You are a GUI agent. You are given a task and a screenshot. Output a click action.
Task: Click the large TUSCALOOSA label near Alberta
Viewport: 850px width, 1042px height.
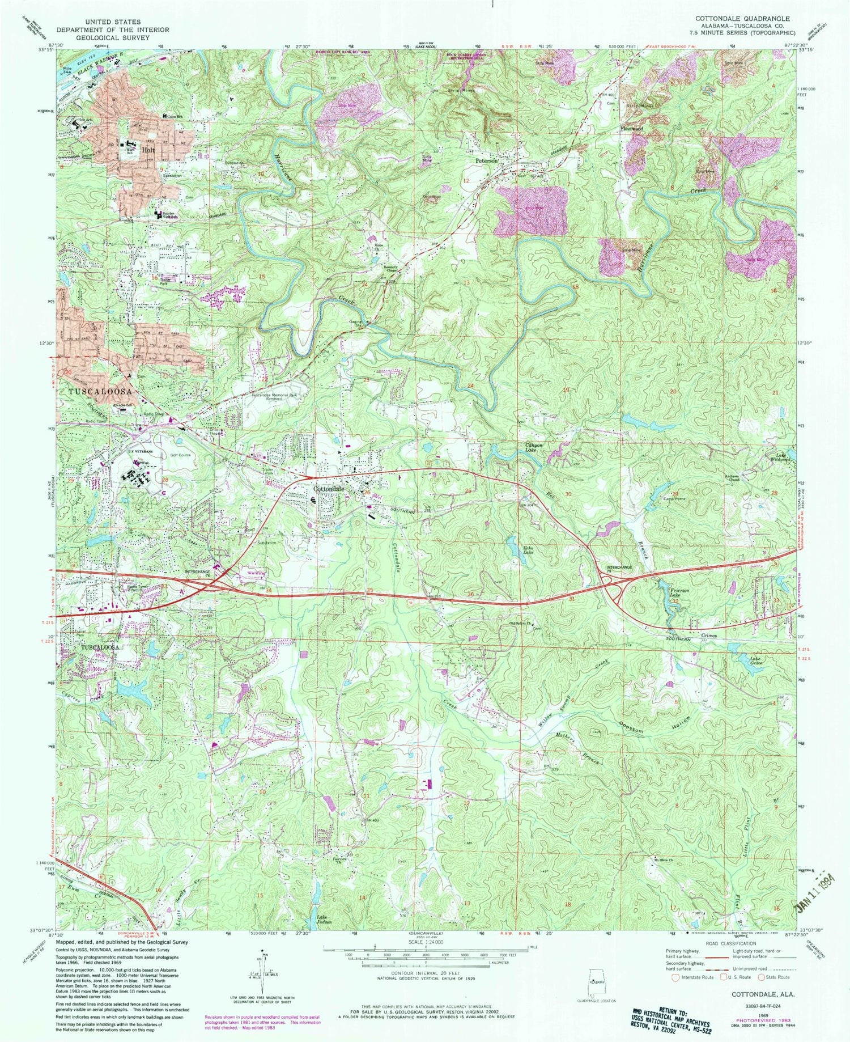pyautogui.click(x=100, y=392)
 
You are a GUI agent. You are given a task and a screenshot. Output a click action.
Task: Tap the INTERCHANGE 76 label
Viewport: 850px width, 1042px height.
pyautogui.click(x=198, y=573)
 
